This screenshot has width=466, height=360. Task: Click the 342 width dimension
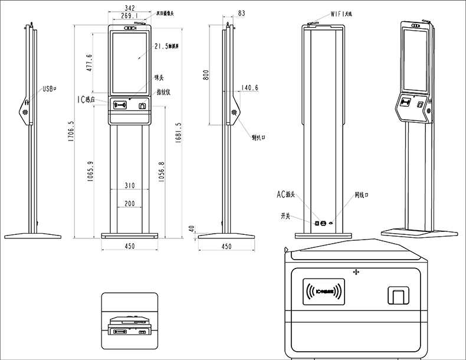tap(130, 8)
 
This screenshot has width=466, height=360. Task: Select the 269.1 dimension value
tap(130, 16)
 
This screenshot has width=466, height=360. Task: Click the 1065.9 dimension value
tap(90, 172)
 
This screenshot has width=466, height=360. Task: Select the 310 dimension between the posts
tap(130, 185)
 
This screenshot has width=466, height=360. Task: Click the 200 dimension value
tap(129, 204)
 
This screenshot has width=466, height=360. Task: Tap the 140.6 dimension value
tap(249, 88)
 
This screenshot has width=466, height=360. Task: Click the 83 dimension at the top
tap(242, 12)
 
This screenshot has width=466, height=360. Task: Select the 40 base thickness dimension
tap(191, 228)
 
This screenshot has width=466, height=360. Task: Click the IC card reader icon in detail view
tap(323, 291)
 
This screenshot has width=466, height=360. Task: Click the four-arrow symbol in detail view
tap(356, 271)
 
